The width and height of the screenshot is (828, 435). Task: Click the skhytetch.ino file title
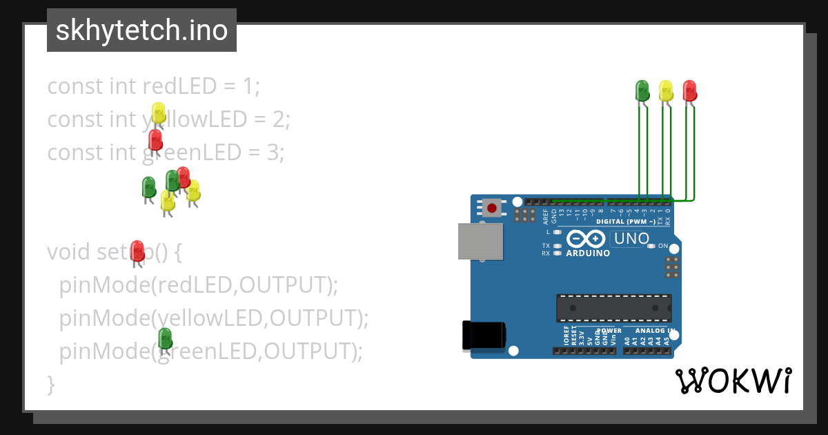[x=141, y=30]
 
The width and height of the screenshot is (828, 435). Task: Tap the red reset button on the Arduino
[x=492, y=207]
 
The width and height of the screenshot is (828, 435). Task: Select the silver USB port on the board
[x=481, y=242]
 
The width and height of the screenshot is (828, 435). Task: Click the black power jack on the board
[x=484, y=335]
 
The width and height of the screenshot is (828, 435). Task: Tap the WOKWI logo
[x=733, y=380]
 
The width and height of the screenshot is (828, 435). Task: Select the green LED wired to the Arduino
[x=642, y=90]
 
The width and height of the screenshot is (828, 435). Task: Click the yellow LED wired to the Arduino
[x=666, y=90]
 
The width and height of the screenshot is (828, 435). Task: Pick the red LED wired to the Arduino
[x=689, y=90]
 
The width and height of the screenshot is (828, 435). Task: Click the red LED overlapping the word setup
[x=137, y=251]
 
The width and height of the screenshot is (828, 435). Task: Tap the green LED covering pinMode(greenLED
[x=165, y=338]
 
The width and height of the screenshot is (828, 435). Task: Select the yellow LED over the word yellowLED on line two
[x=159, y=113]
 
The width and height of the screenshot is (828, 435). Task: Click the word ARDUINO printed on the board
[x=588, y=253]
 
